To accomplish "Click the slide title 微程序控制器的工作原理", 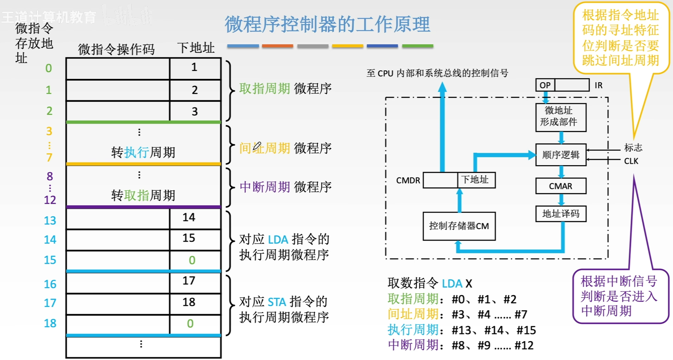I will [x=327, y=25].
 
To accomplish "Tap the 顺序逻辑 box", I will [x=560, y=155].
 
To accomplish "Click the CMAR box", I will [x=560, y=186].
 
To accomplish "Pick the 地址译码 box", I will [x=560, y=214].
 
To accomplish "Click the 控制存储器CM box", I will [x=459, y=226].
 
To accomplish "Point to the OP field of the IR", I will [x=545, y=85].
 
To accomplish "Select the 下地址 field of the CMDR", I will [x=476, y=180].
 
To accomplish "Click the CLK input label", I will [x=631, y=161].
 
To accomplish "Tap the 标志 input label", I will [x=633, y=148].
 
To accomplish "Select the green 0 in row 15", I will [x=192, y=260].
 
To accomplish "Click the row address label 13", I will [x=50, y=220].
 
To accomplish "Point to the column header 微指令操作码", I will [x=116, y=49].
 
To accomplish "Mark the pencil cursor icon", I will [x=257, y=146].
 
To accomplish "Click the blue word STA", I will [x=277, y=302].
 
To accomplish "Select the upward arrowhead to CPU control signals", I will [x=442, y=87].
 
